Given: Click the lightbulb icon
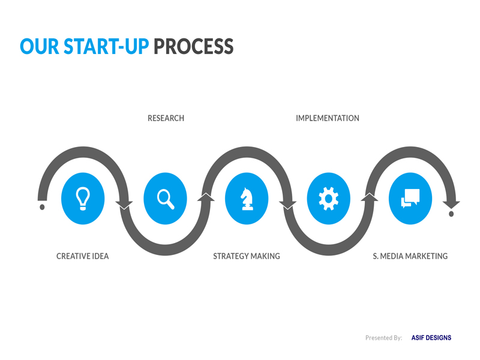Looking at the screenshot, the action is (x=83, y=199).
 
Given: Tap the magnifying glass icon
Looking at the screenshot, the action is (x=166, y=199).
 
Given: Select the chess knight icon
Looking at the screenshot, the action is (x=247, y=199).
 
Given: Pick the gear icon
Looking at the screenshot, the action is (x=328, y=199).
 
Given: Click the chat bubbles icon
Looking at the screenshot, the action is (x=410, y=199).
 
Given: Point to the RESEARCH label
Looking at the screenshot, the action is (x=166, y=118).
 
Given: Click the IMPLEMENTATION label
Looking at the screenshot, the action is (x=328, y=118).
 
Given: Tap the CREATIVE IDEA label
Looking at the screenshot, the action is (x=83, y=256).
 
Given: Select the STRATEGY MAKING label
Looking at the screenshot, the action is (x=247, y=256).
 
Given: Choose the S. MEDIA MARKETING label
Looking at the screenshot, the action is (x=410, y=256).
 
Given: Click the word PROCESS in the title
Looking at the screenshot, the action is (x=193, y=47).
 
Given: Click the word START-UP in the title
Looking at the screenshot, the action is (x=106, y=47).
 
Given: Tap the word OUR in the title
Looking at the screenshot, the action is (x=40, y=47).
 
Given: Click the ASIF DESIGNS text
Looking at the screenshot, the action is (x=431, y=338).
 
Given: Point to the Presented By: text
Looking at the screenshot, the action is (x=383, y=338).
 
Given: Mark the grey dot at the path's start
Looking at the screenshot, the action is (x=42, y=207).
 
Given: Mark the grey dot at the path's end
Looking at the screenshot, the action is (x=451, y=214).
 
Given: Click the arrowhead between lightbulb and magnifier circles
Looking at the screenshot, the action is (x=124, y=205).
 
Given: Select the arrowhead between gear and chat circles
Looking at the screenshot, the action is (x=370, y=197).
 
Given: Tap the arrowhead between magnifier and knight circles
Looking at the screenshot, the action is (x=206, y=197).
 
